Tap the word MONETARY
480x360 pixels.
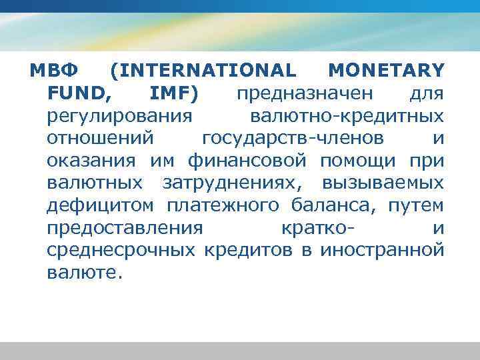point(386,69)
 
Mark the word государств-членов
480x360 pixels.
point(292,138)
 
